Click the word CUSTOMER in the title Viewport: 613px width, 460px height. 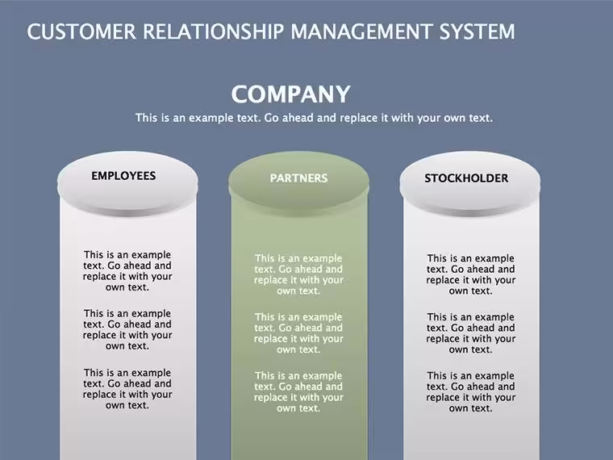tap(81, 31)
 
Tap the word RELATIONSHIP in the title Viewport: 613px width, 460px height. tap(213, 31)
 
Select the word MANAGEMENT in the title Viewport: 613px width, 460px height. tap(361, 31)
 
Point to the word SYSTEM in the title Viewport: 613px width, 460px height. tap(477, 31)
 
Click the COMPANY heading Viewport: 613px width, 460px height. tap(290, 94)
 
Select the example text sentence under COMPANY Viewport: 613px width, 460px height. tap(314, 118)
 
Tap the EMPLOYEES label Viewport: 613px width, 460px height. tap(123, 176)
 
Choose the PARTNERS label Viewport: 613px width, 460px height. tap(298, 178)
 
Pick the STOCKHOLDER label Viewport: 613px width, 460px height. tap(466, 178)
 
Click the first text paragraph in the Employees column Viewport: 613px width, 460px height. tap(127, 270)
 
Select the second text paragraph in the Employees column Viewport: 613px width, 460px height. tap(127, 329)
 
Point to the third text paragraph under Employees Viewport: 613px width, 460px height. tap(127, 389)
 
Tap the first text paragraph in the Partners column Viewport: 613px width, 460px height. tap(298, 274)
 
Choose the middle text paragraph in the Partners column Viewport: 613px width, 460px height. tap(298, 332)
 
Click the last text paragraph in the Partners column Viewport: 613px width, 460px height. tap(298, 391)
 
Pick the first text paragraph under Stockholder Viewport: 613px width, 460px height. tap(471, 274)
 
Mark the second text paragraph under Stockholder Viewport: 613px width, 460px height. tap(471, 332)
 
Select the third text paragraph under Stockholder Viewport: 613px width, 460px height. tap(471, 391)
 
